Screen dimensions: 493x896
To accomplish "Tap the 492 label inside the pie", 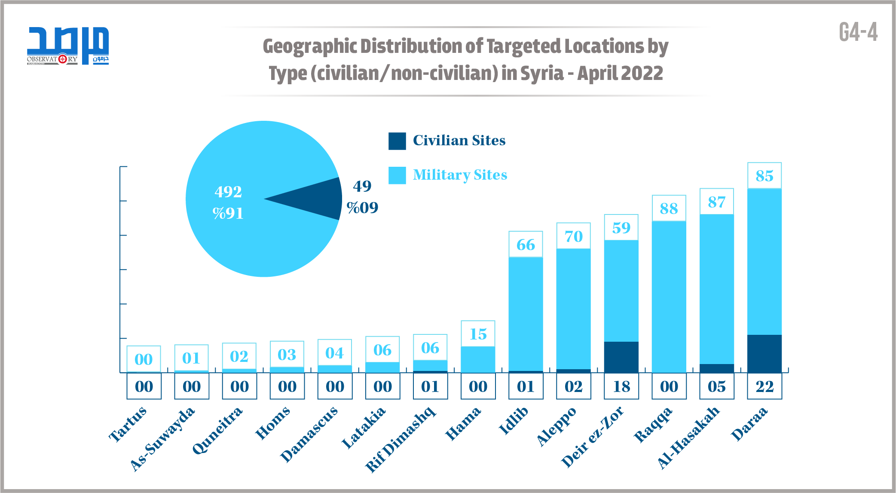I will point(228,192).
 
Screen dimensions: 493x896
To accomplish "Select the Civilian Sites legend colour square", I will point(397,141).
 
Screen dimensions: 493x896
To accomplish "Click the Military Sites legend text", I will point(460,175).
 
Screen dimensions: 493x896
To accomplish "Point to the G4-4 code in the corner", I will point(858,32).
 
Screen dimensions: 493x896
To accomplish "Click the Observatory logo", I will point(68,46).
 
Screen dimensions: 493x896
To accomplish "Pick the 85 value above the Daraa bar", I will point(765,176).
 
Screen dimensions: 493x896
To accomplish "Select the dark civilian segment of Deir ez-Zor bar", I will point(621,357).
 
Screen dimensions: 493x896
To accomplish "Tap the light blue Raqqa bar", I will point(669,297).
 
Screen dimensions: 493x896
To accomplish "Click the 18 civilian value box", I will point(621,386).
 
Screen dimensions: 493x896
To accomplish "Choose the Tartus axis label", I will point(128,424).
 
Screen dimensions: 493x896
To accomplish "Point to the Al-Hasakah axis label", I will point(688,437).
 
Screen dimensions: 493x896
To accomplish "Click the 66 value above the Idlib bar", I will point(526,245).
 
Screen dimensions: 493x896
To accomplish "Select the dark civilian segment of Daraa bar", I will point(765,353).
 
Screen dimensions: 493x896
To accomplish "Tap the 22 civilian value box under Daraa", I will point(765,386).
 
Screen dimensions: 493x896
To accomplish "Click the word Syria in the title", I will point(542,73).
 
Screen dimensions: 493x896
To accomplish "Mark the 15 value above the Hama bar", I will point(478,334).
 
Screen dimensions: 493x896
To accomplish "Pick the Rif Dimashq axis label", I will point(400,439).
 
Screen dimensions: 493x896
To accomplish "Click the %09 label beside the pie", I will point(362,208).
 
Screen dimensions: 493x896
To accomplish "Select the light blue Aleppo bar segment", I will point(573,309).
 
